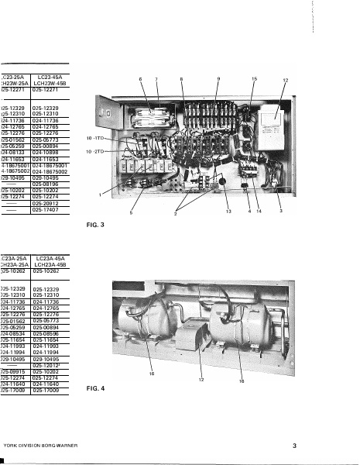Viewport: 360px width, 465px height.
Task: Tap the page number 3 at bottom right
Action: tap(294, 446)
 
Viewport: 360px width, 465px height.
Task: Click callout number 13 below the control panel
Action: tap(228, 212)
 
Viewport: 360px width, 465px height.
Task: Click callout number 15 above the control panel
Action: tap(254, 79)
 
